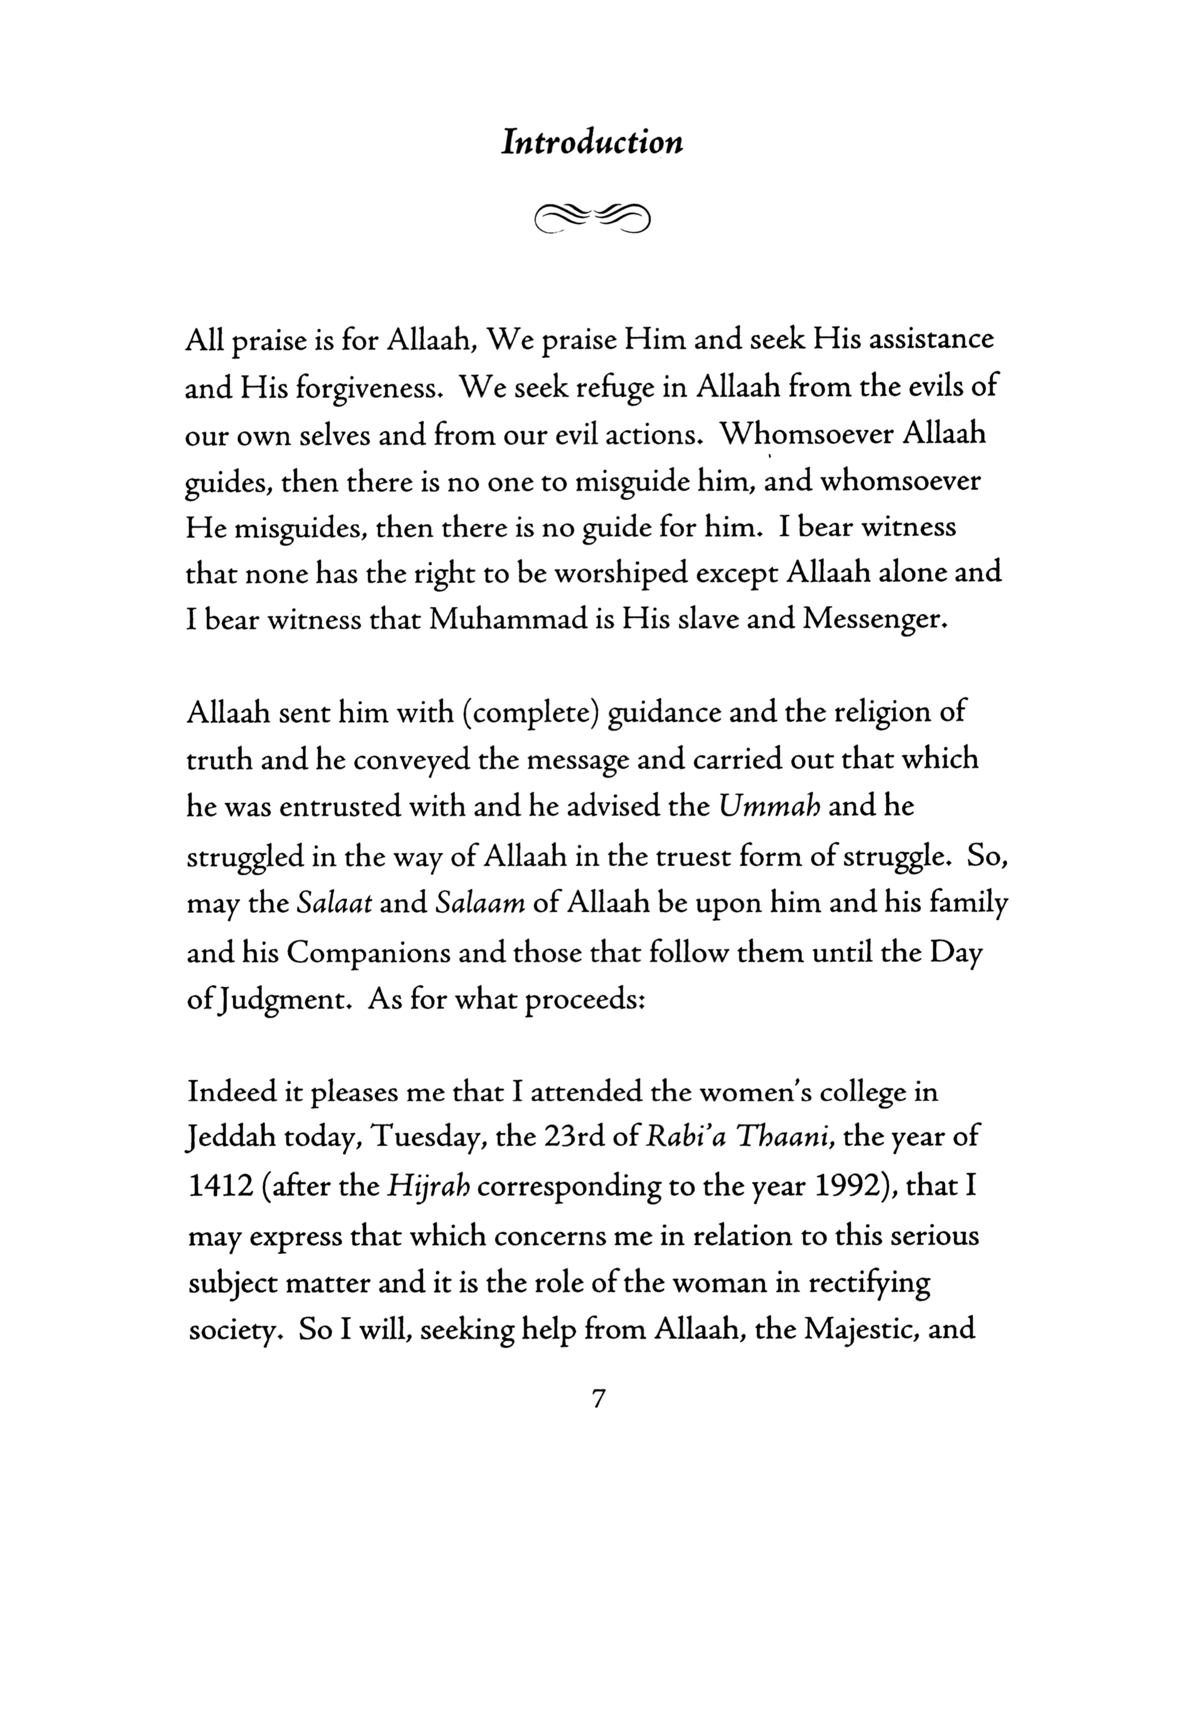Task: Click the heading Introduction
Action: point(592,141)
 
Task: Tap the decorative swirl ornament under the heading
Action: point(592,217)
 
